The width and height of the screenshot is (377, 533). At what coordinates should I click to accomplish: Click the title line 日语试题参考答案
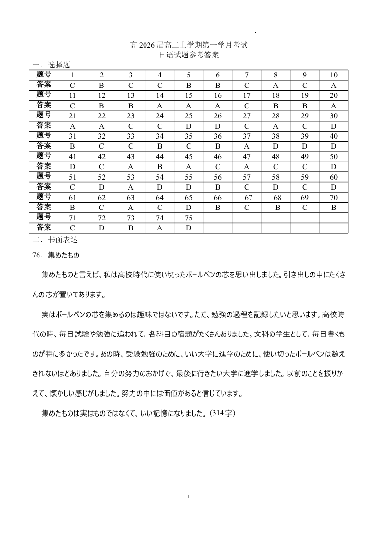click(x=189, y=55)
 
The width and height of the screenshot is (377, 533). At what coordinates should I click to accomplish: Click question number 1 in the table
click(x=73, y=75)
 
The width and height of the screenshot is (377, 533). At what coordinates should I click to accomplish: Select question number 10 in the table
click(x=334, y=75)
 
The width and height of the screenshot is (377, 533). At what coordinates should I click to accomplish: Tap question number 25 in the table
click(x=189, y=116)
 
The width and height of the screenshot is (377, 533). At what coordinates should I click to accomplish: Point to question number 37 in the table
click(x=247, y=136)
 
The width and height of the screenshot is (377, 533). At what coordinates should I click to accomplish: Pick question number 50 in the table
click(x=334, y=157)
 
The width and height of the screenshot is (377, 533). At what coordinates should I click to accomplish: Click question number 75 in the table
click(x=189, y=218)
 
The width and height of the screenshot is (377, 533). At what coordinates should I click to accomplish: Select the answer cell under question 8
click(x=276, y=86)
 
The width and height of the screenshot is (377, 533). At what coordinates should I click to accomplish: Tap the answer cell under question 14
click(x=160, y=106)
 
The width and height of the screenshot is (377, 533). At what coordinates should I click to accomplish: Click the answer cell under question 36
click(x=218, y=147)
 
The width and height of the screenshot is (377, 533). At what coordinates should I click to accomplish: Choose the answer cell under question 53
click(x=131, y=188)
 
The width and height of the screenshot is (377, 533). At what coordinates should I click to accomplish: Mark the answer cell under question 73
click(x=131, y=228)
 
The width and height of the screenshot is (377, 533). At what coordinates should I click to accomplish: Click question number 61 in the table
click(x=73, y=198)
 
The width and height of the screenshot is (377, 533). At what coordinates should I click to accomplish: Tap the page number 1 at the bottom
click(x=189, y=497)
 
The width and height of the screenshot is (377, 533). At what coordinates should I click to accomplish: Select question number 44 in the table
click(x=160, y=157)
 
